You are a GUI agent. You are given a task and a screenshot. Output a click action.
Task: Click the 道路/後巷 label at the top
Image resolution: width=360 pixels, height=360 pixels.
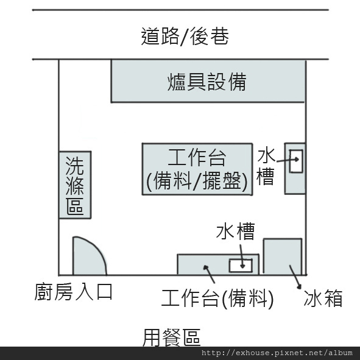(185, 36)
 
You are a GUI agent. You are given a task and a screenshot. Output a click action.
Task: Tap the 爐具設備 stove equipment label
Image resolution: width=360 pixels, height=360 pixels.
(207, 82)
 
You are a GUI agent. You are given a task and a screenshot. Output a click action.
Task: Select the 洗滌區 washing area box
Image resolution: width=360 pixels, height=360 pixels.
(75, 185)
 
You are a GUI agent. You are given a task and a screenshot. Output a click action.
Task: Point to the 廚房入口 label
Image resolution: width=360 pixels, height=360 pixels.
(74, 292)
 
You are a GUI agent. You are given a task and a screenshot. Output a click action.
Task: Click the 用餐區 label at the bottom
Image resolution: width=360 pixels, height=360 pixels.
(172, 337)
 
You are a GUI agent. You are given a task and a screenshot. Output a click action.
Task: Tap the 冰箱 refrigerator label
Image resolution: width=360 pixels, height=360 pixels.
(323, 298)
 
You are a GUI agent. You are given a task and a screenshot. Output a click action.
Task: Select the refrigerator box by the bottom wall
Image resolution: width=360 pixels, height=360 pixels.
(283, 256)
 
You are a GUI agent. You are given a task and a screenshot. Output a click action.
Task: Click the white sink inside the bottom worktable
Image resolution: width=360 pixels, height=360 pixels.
(241, 266)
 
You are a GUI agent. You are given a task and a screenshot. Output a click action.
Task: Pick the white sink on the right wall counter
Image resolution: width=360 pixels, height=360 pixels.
(296, 161)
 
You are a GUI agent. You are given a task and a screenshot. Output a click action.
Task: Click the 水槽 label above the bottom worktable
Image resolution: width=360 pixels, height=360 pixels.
(235, 231)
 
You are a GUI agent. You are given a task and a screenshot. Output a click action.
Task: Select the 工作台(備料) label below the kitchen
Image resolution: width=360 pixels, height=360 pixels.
(217, 298)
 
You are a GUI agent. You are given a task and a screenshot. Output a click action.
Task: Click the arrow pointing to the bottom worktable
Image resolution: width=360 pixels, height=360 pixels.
(209, 274)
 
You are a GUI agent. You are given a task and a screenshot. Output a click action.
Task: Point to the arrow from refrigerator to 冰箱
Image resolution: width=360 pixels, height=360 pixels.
(295, 277)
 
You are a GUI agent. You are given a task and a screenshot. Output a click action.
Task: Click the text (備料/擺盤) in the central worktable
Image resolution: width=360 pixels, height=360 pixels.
(197, 182)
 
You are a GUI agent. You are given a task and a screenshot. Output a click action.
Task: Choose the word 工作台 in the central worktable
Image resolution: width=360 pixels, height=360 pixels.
(197, 158)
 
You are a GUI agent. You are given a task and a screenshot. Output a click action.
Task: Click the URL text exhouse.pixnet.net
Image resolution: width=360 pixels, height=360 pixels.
(277, 353)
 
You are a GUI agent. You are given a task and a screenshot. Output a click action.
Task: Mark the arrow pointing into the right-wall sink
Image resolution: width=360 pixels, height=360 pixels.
(288, 160)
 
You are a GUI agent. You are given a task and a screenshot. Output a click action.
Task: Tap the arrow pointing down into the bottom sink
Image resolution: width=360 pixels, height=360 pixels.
(242, 256)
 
